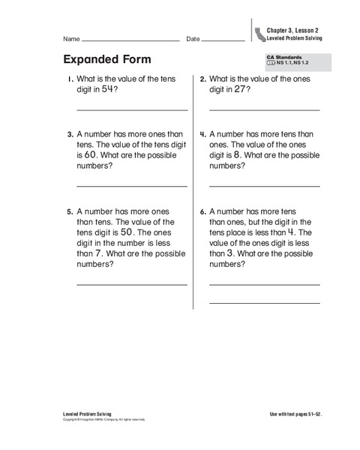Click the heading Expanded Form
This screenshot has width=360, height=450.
click(108, 59)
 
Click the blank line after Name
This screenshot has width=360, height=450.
click(130, 39)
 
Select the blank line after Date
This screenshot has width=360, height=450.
click(223, 39)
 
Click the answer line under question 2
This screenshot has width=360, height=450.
click(264, 110)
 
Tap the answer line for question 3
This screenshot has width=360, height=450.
click(131, 185)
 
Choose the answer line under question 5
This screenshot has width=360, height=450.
click(131, 284)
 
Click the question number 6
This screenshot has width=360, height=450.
click(202, 212)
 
